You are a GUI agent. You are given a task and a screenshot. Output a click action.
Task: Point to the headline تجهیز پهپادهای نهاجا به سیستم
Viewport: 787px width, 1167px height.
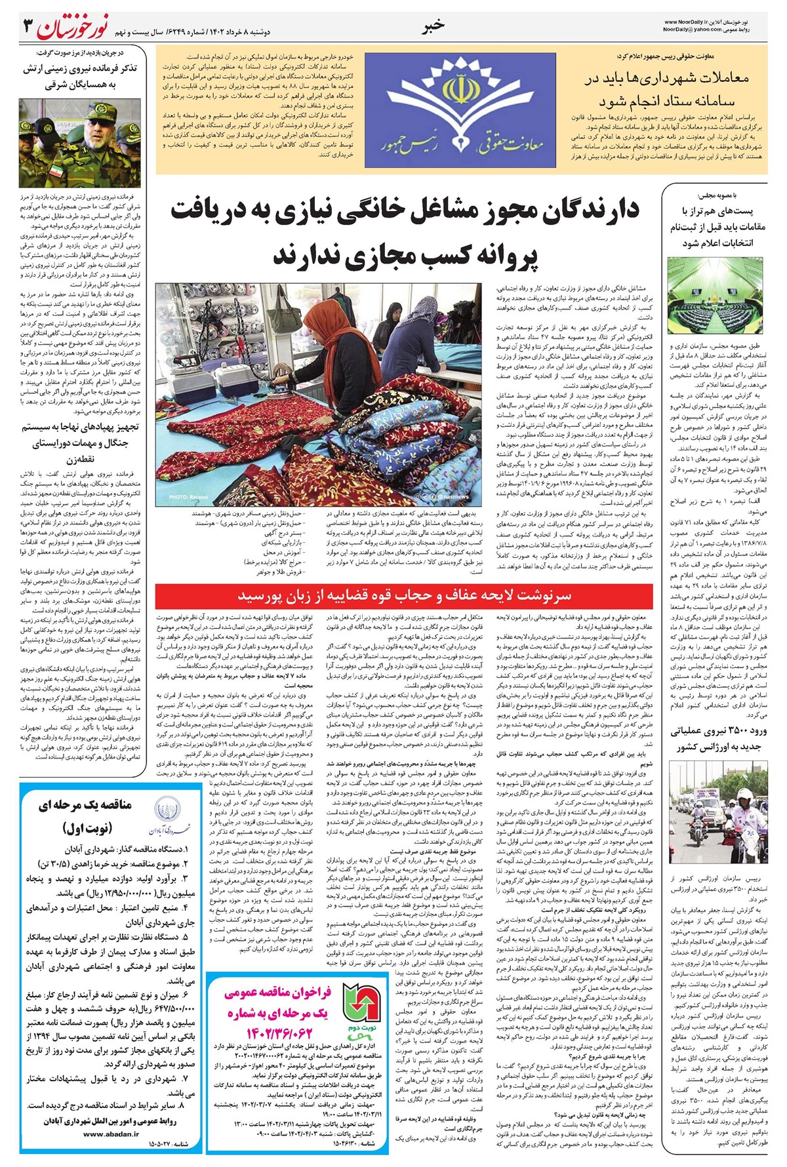click(x=81, y=427)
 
